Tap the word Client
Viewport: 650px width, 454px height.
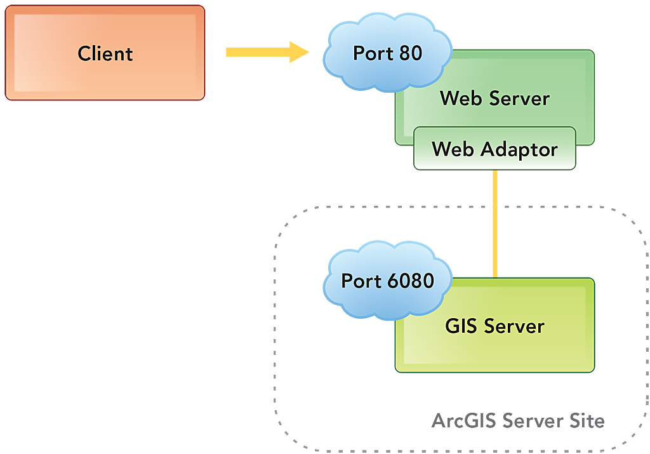click(x=105, y=53)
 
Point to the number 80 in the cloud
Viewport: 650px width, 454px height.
click(x=411, y=53)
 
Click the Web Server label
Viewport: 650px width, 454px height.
click(x=494, y=98)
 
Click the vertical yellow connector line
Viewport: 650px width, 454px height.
click(x=494, y=222)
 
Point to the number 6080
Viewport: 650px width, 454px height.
click(x=413, y=281)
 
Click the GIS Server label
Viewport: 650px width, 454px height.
click(x=494, y=326)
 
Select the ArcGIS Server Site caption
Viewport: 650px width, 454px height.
click(x=518, y=420)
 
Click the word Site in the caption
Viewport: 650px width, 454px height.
click(x=588, y=420)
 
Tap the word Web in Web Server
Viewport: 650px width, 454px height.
click(x=458, y=98)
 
